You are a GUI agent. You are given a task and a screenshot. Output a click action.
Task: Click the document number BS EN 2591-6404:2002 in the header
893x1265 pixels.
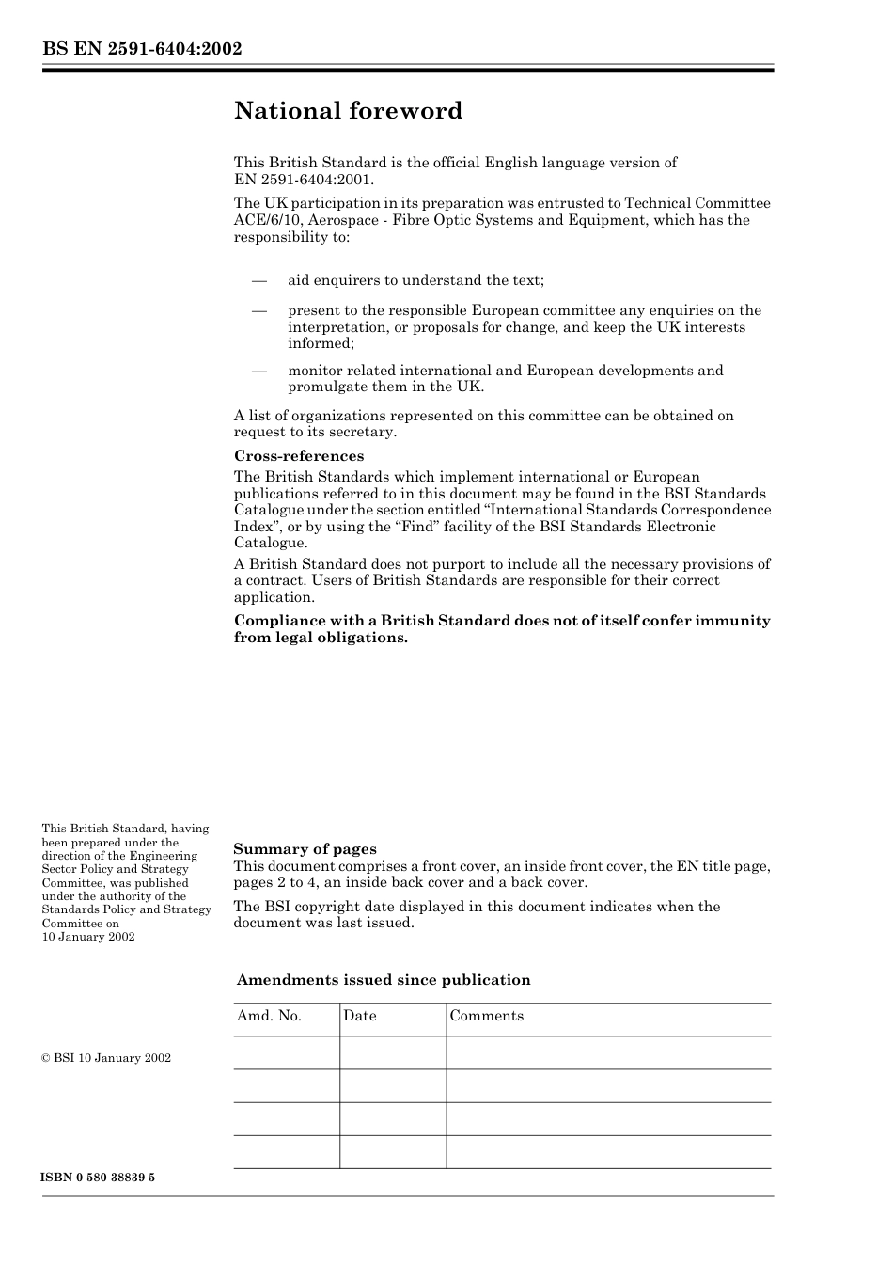pos(142,49)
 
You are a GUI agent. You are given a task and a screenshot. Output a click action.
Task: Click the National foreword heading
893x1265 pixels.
pos(348,111)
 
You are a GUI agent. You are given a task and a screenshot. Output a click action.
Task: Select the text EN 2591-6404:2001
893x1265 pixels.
pos(303,179)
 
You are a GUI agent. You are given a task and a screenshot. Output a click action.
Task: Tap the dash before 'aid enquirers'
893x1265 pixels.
pos(258,280)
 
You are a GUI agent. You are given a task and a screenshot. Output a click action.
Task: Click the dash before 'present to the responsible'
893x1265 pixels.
pos(258,310)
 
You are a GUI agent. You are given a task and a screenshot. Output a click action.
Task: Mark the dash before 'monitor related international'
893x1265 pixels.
pos(258,371)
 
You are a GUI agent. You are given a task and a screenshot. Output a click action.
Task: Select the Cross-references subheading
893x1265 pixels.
pos(299,456)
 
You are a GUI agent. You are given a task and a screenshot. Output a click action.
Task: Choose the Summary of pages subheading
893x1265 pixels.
pos(305,849)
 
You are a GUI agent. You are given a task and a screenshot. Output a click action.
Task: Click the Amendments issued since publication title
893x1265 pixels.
pos(384,980)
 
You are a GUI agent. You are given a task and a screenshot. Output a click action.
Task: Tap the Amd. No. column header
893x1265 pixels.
pos(269,1016)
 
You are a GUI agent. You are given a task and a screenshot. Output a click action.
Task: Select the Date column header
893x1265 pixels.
pos(359,1016)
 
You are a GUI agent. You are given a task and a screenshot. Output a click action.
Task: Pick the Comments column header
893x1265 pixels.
pos(486,1016)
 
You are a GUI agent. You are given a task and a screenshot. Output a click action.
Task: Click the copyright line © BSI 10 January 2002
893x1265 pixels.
pos(106,1058)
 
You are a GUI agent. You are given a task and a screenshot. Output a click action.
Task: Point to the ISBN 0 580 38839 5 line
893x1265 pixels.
pos(98,1178)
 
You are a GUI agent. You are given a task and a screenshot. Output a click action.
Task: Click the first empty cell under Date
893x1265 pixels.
pos(392,1052)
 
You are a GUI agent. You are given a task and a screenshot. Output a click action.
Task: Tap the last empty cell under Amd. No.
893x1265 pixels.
pos(286,1151)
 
